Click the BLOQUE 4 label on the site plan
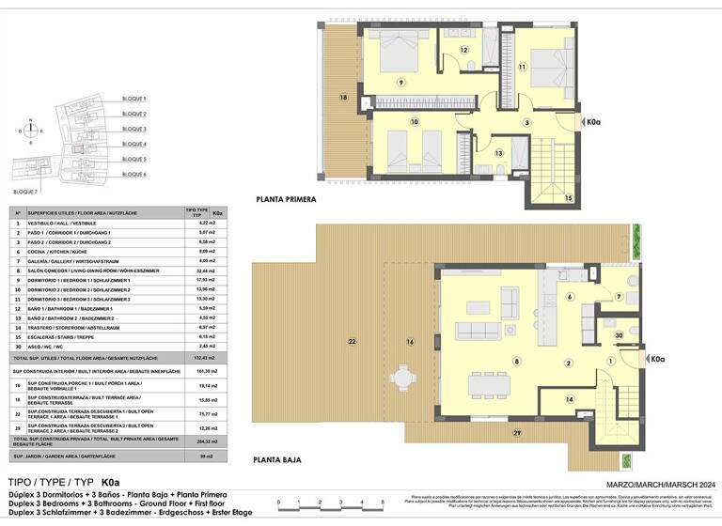click(134, 145)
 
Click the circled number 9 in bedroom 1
click(400, 83)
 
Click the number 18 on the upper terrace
click(344, 97)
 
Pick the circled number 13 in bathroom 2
click(498, 152)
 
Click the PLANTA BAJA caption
click(278, 460)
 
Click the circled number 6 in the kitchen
click(569, 297)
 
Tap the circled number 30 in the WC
click(618, 334)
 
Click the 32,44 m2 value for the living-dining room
click(196, 270)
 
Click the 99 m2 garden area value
click(196, 456)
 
